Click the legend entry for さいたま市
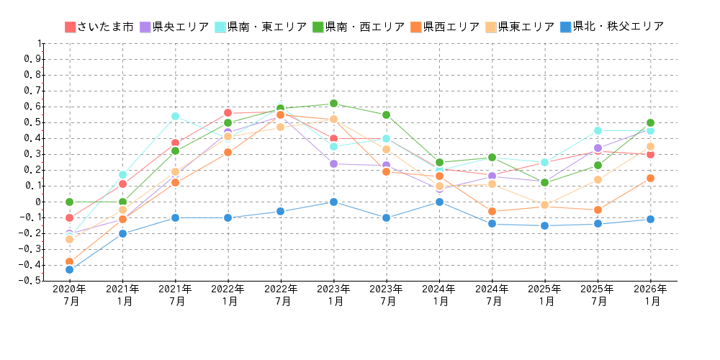tap(99, 27)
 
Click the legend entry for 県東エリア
tap(520, 27)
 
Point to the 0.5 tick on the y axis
tap(32, 122)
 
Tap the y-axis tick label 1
tap(38, 43)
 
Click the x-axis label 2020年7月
tap(70, 295)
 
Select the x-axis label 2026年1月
tap(650, 295)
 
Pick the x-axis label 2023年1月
tap(333, 295)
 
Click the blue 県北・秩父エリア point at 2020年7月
tap(70, 269)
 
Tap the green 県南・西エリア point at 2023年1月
tap(333, 104)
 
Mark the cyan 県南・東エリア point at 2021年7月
tap(175, 116)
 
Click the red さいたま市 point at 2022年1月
tap(228, 113)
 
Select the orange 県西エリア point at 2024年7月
tap(492, 211)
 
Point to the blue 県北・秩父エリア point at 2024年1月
tap(439, 202)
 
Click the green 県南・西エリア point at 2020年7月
tap(70, 202)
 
